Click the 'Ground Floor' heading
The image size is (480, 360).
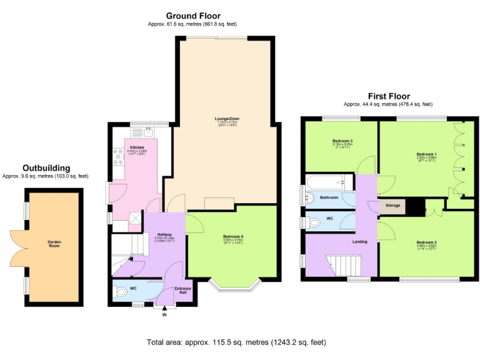(192, 16)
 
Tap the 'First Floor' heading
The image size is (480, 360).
(388, 96)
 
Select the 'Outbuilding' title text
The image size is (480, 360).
(46, 168)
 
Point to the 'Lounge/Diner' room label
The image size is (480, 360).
(223, 118)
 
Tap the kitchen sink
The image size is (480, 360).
(147, 131)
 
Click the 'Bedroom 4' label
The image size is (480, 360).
(232, 236)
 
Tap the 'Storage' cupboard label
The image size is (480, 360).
(393, 205)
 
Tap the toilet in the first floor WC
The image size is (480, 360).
(312, 222)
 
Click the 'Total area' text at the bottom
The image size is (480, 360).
(236, 342)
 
